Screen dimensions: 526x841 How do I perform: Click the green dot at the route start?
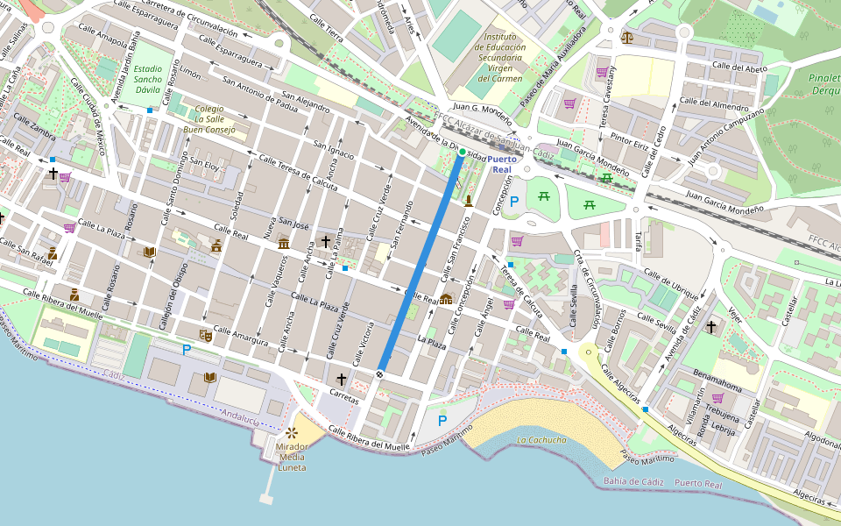[x=462, y=152]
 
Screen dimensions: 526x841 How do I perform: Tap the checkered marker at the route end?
[x=380, y=374]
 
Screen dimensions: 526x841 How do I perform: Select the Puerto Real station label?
[x=502, y=164]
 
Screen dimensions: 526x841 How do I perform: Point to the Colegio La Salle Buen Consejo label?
[x=208, y=119]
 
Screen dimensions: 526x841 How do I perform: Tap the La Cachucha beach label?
[x=541, y=440]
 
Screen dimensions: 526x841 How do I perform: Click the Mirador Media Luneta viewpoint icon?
[x=291, y=433]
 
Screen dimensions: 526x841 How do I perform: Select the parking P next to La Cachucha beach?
[x=442, y=421]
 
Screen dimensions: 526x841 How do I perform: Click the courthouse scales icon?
[x=626, y=37]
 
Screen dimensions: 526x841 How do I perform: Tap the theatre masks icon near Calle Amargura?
[x=207, y=335]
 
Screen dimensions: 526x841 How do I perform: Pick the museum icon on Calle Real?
[x=284, y=243]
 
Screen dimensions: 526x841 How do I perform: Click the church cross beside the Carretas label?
[x=341, y=380]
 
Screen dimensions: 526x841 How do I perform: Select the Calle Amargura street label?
[x=239, y=338]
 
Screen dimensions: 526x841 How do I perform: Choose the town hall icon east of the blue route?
[x=446, y=300]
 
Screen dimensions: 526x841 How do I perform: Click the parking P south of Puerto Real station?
[x=514, y=202]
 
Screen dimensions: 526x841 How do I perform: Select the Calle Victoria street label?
[x=363, y=345]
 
